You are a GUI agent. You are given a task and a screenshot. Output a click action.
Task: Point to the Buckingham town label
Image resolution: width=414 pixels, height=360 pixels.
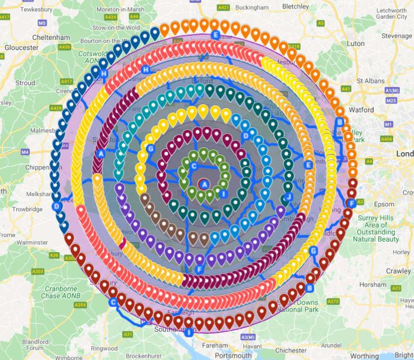tap(252, 8)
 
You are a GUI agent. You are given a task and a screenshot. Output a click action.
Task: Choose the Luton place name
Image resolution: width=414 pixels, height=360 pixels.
tap(356, 43)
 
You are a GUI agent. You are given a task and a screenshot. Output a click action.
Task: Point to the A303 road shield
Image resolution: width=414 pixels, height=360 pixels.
tap(38, 271)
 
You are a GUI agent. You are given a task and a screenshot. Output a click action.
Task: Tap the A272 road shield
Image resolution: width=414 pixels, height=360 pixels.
tap(333, 301)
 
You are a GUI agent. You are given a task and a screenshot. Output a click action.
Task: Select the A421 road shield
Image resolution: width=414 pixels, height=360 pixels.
tap(223, 7)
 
